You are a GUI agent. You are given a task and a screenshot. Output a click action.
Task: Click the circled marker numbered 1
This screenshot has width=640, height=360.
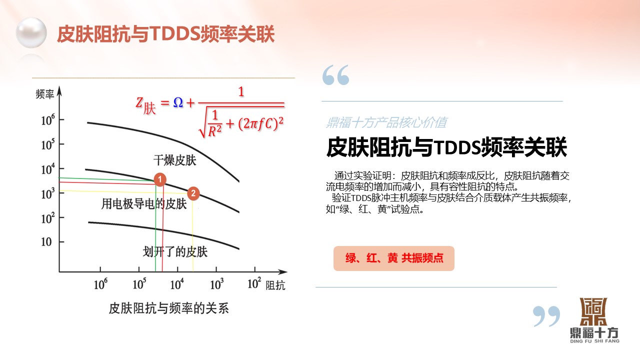[x=160, y=179]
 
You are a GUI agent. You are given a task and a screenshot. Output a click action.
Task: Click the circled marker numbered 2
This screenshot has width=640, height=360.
[x=193, y=193]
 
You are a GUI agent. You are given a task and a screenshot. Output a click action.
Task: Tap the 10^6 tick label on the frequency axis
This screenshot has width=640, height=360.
[x=48, y=119]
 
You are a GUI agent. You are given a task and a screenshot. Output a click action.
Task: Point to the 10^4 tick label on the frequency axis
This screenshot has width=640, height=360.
[x=48, y=169]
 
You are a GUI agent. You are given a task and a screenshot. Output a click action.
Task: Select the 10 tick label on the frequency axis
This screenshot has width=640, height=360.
[x=46, y=242]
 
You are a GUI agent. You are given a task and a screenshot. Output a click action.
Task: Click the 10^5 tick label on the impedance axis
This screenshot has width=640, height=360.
[x=139, y=283]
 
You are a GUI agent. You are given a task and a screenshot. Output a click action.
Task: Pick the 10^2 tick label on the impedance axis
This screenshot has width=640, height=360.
[x=254, y=283]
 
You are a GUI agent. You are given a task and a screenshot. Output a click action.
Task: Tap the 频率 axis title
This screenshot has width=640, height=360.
[x=45, y=94]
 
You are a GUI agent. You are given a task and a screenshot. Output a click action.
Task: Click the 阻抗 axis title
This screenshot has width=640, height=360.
[x=275, y=285]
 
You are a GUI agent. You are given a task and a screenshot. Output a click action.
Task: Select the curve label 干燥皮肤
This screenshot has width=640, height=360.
[x=175, y=160]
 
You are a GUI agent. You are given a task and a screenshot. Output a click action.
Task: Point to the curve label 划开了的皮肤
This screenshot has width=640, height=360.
[x=175, y=251]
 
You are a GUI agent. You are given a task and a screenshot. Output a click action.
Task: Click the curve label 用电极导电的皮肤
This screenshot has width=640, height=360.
[x=144, y=204]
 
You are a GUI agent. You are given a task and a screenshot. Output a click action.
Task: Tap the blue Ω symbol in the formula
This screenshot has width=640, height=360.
[x=178, y=102]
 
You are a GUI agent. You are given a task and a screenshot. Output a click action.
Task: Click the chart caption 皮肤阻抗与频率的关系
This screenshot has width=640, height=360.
[x=169, y=308]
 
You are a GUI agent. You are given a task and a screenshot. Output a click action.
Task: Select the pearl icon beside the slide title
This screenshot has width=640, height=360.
[x=31, y=32]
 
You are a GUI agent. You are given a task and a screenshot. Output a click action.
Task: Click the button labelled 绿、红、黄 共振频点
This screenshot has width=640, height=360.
[x=393, y=258]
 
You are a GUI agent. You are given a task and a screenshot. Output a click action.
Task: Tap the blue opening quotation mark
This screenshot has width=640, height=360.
[x=335, y=75]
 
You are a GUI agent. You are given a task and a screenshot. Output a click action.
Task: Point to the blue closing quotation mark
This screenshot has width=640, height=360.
[x=546, y=316]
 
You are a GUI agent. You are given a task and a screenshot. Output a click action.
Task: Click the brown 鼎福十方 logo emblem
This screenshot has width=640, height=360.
[x=593, y=311]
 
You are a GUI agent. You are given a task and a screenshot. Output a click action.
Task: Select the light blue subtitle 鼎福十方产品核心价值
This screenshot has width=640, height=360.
[x=386, y=122]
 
